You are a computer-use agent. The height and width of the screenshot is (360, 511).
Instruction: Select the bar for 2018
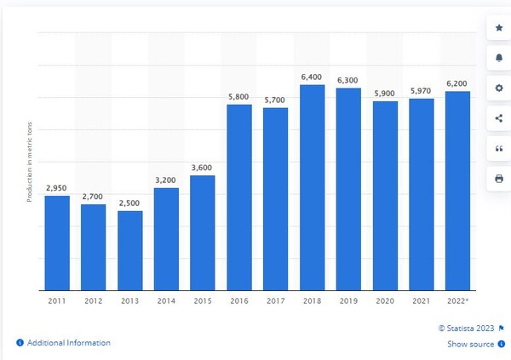point(313,187)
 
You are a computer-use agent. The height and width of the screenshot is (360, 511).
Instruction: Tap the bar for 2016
point(239,197)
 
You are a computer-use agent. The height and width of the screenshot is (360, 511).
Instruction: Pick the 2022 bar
point(457,191)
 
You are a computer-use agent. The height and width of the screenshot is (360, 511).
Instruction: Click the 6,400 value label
point(313,77)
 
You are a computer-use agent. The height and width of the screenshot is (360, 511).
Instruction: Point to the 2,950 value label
point(57,188)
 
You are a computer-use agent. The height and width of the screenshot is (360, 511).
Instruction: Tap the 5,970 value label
point(421,90)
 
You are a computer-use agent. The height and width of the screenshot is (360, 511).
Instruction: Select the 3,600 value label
point(203,168)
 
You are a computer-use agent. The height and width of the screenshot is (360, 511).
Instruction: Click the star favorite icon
point(498,28)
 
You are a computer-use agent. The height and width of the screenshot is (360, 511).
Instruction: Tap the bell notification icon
point(498,58)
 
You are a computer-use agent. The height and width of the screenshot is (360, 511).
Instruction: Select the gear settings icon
point(498,89)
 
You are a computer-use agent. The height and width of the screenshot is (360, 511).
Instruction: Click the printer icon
point(498,179)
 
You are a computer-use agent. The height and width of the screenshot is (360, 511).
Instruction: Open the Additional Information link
point(68,343)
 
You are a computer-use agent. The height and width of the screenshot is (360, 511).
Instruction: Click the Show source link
point(470,344)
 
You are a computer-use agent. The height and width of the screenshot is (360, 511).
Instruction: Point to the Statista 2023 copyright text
point(466,327)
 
